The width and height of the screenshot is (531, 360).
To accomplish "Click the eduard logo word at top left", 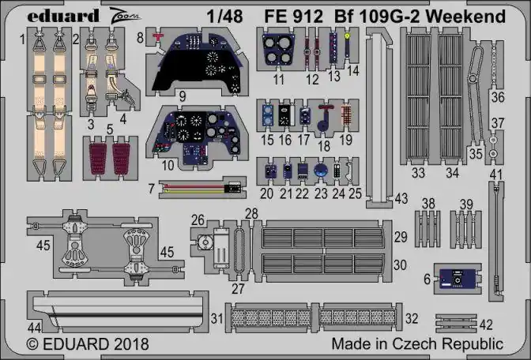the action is [63, 16].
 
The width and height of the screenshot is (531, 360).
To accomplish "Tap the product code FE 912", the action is [294, 17].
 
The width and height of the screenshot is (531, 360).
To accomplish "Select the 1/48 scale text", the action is [225, 17].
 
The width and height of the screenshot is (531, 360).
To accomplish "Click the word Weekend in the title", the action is [465, 17].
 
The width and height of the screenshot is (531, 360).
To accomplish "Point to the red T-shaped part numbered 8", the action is [157, 36].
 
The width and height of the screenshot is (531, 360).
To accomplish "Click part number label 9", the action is [183, 97].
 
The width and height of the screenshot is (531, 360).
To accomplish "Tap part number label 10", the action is [168, 165].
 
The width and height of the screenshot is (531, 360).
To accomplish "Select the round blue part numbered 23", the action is [320, 171].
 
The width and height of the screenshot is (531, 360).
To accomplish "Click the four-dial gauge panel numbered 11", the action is [278, 50].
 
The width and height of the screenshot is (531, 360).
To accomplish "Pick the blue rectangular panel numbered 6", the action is [458, 279].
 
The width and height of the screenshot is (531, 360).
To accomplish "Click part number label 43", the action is [401, 199].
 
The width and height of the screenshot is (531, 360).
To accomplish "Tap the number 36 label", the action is [498, 97].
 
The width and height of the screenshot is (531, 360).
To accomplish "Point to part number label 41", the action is [496, 175].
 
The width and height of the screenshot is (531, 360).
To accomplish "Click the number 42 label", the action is [486, 324].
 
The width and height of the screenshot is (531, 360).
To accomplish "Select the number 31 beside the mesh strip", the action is [217, 318].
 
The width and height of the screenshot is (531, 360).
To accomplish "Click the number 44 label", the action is [35, 327].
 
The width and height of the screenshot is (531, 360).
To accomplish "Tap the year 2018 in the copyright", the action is [131, 344].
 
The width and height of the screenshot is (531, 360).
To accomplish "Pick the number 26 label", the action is [198, 220].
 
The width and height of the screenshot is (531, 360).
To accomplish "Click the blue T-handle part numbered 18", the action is [325, 118].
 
